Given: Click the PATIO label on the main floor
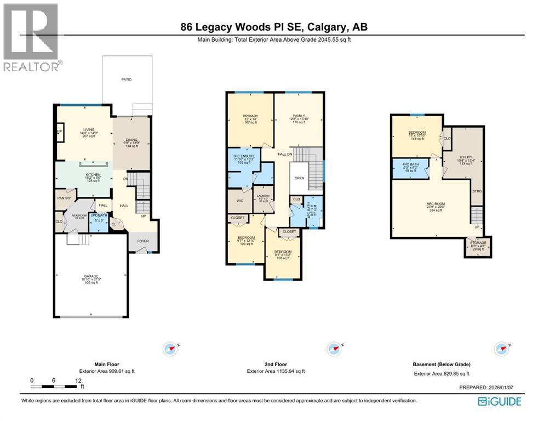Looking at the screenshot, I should pyautogui.click(x=127, y=79).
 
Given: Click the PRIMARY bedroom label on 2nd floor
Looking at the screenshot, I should pyautogui.click(x=250, y=116).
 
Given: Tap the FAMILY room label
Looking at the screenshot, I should pyautogui.click(x=299, y=116).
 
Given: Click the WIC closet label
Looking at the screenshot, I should pyautogui.click(x=239, y=201).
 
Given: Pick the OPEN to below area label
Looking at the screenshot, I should pyautogui.click(x=299, y=178).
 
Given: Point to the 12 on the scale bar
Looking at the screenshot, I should pyautogui.click(x=78, y=380).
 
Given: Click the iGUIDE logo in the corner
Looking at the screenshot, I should pyautogui.click(x=499, y=402).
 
